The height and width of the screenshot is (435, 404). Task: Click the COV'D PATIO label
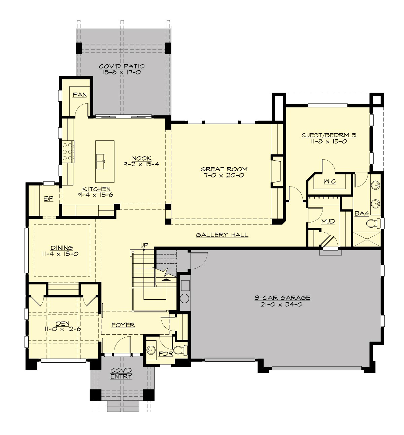coord(122,66)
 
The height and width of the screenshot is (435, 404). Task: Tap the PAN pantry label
coord(80,95)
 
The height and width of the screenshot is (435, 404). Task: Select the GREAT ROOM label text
coord(224,169)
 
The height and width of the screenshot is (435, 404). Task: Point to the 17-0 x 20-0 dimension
coord(224,175)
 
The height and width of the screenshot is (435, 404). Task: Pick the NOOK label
coord(141,158)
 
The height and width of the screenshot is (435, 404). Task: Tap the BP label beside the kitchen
coord(49,199)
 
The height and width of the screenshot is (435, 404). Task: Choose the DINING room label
coord(62,248)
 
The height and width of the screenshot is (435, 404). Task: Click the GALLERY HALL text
coord(222,235)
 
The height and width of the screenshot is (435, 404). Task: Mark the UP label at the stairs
coord(144,245)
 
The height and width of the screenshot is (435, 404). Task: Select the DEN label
coord(63,324)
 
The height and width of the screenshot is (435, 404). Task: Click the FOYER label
coord(123,325)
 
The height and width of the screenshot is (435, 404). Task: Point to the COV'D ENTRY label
coord(121,373)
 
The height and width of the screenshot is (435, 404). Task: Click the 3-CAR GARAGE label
coord(282,298)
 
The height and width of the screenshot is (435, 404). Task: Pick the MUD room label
coord(328,221)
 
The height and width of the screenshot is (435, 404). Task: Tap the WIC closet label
coord(330,182)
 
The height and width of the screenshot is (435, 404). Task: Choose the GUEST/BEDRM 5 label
coord(329,135)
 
